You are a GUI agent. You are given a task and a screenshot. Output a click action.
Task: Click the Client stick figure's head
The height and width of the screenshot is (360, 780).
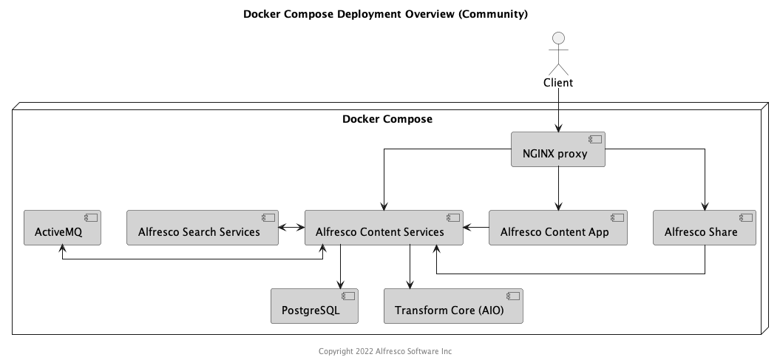pos(559,38)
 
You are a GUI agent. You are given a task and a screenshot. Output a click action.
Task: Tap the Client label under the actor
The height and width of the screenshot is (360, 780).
pos(558,82)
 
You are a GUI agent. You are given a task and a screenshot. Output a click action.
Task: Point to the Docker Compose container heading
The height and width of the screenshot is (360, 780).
pos(387,119)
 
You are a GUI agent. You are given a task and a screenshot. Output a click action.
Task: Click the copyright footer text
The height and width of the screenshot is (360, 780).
pos(385,351)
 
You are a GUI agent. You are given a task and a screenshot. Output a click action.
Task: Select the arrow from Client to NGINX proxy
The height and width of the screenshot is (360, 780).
pos(558,111)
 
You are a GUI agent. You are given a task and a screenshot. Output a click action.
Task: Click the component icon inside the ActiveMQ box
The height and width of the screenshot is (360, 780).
pos(91,218)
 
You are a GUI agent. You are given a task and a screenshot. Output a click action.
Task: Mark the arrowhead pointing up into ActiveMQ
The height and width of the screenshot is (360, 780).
pos(62,250)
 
